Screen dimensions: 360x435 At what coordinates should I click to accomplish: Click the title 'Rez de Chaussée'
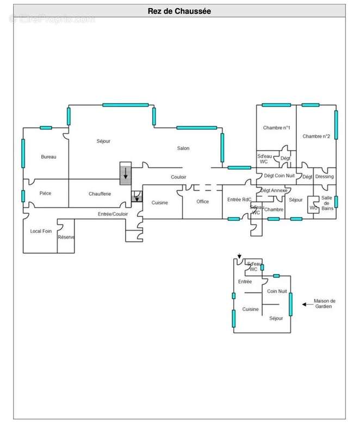(179, 11)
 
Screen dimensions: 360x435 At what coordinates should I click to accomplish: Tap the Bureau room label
(48, 157)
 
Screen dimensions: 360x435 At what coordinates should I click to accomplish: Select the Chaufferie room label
(100, 194)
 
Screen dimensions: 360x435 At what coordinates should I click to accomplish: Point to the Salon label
(183, 148)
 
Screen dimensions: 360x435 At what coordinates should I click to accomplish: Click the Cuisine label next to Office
(159, 202)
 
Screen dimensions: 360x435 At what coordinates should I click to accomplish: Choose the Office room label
(202, 201)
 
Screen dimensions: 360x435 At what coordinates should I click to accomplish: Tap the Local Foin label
(41, 231)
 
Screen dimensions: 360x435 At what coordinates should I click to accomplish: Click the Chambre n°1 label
(276, 128)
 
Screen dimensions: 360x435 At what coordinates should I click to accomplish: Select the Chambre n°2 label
(316, 136)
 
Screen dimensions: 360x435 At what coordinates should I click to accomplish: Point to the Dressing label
(325, 176)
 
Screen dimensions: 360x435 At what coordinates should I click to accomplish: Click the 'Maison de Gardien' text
(324, 303)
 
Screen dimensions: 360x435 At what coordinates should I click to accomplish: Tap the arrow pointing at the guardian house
(308, 304)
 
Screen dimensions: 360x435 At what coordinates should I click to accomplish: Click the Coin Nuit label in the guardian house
(277, 291)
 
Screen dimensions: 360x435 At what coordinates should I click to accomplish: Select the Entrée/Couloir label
(113, 214)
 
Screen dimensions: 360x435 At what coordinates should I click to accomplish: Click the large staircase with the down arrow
(126, 173)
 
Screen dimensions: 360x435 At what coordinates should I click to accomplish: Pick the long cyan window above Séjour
(126, 105)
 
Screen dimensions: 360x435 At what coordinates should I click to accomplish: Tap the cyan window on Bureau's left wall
(23, 153)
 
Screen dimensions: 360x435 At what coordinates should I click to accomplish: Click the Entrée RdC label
(239, 200)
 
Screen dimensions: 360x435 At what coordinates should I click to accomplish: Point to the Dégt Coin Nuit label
(280, 176)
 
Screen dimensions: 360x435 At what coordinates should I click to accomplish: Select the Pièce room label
(45, 193)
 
